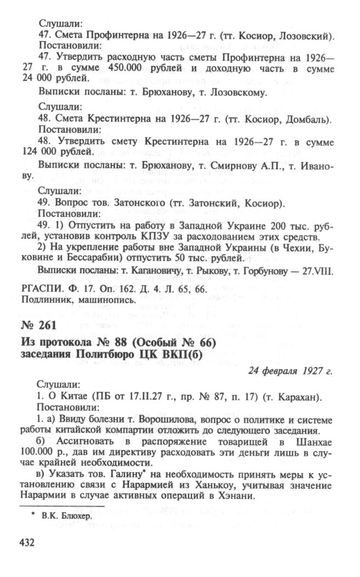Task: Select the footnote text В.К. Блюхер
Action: [x=64, y=516]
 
